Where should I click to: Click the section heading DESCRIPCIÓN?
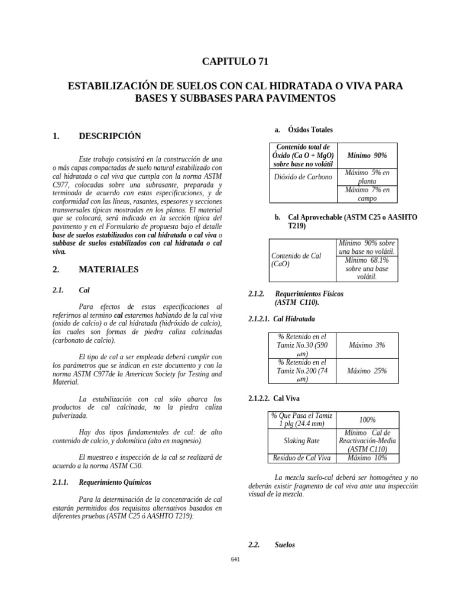[x=110, y=136]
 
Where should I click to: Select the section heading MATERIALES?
[x=109, y=269]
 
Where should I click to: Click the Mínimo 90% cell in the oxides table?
[x=367, y=155]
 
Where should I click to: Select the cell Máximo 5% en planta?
[x=367, y=177]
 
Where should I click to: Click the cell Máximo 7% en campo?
[x=367, y=194]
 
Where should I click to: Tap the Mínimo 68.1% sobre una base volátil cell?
[x=367, y=269]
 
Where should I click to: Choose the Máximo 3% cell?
[x=367, y=345]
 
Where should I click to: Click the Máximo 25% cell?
[x=367, y=370]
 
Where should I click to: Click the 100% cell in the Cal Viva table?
[x=367, y=420]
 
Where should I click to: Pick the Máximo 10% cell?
[x=367, y=458]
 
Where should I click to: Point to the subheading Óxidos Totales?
[x=310, y=130]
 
